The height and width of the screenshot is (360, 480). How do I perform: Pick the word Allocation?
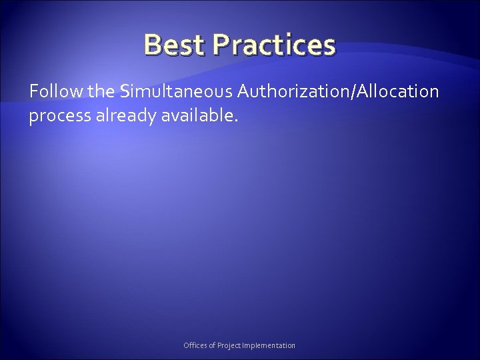399,91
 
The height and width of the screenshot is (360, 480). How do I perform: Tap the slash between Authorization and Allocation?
354,91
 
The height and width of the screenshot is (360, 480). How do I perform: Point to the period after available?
235,121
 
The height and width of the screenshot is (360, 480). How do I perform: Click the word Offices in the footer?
195,345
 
